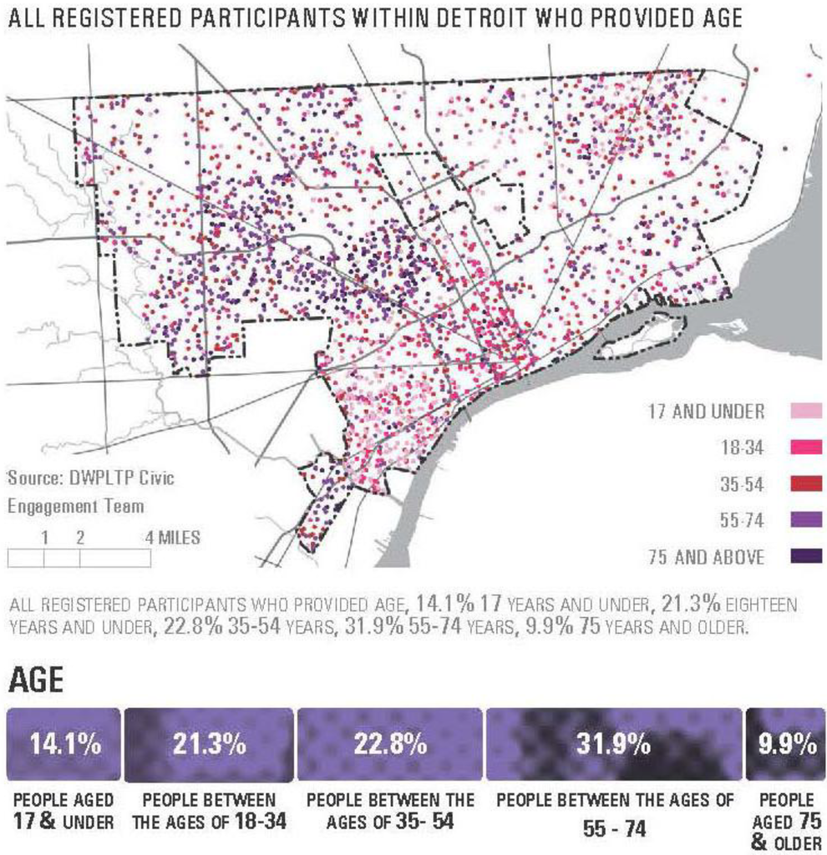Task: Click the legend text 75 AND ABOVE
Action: point(706,557)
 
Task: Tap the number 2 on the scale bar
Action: point(80,537)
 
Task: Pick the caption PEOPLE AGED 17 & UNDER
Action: point(63,811)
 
